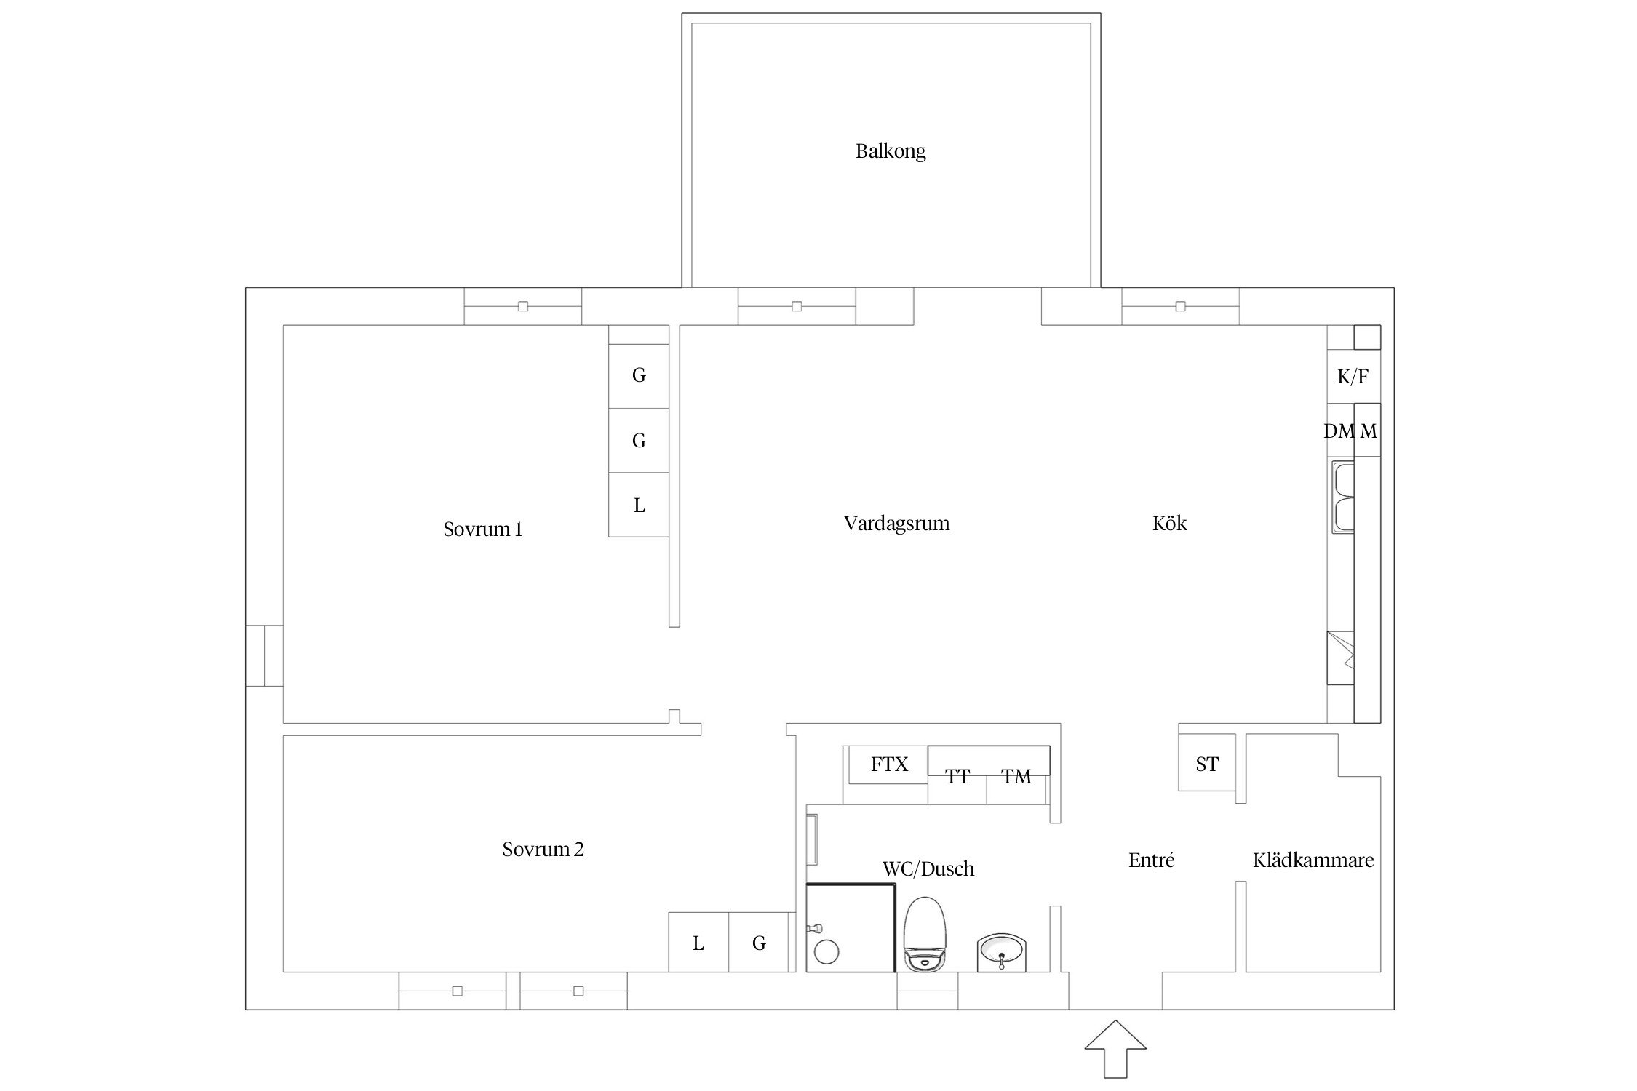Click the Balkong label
[891, 151]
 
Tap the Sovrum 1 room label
[483, 529]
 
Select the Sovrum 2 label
[543, 849]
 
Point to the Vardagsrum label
[896, 524]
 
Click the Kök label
[1169, 523]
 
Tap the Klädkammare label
[1313, 860]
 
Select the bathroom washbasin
[1002, 952]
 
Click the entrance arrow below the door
[1115, 1049]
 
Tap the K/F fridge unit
[1353, 377]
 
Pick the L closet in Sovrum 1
[639, 505]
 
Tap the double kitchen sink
[1343, 496]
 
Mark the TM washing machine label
[1016, 777]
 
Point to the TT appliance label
[957, 777]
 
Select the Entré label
[1151, 860]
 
